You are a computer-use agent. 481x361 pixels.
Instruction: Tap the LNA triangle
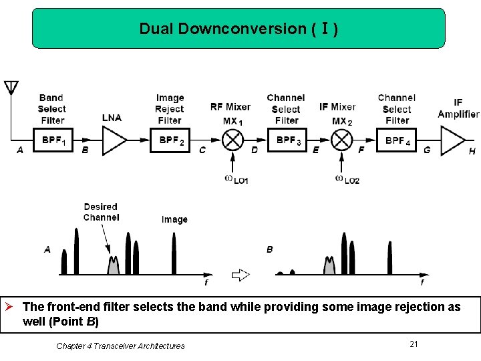coord(113,140)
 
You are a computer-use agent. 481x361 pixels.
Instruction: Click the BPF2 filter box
coord(170,140)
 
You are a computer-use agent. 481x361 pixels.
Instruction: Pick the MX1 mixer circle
coord(232,140)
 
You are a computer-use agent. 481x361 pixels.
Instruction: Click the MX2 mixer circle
coord(341,140)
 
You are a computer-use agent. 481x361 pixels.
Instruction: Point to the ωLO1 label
coord(236,180)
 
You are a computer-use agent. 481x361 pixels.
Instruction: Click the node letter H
coord(472,152)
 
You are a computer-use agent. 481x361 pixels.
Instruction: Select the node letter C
coord(202,150)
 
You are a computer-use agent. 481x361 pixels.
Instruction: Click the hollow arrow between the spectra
coord(240,274)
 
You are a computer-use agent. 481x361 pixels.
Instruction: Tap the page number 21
coord(414,344)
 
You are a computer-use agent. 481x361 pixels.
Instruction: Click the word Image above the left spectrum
coord(174,219)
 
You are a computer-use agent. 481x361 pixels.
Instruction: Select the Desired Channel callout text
coord(101,212)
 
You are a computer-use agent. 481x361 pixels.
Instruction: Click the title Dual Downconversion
coord(238,29)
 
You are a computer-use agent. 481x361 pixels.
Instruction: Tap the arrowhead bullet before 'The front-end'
coord(9,307)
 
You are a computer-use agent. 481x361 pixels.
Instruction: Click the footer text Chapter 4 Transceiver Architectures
coord(120,346)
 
